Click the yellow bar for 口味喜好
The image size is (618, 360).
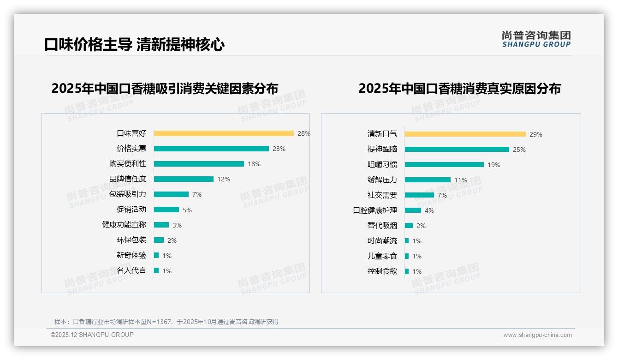(224, 133)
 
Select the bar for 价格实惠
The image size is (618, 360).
(211, 149)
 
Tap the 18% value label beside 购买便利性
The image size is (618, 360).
(254, 164)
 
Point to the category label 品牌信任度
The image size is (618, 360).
(128, 179)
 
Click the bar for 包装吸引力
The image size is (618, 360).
(171, 194)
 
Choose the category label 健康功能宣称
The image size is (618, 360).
(124, 225)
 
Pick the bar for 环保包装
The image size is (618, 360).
(159, 240)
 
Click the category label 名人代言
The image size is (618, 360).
(131, 270)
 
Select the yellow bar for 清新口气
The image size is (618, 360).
(465, 134)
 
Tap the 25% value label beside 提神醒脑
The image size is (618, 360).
(519, 150)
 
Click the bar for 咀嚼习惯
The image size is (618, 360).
(444, 165)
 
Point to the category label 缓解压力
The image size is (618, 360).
(382, 180)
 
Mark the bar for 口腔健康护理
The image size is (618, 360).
(413, 210)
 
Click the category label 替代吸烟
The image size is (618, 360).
(382, 226)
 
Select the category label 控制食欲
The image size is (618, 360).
(382, 271)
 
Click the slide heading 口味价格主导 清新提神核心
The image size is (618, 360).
(134, 45)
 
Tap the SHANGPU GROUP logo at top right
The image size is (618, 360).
(536, 39)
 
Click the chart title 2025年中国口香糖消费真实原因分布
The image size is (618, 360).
(459, 88)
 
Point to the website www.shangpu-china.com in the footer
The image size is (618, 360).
(537, 335)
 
